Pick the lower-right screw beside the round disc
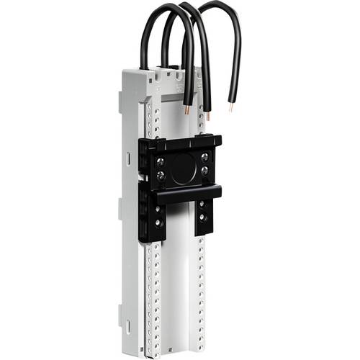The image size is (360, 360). click(x=205, y=171)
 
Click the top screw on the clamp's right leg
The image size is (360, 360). click(x=202, y=204)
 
